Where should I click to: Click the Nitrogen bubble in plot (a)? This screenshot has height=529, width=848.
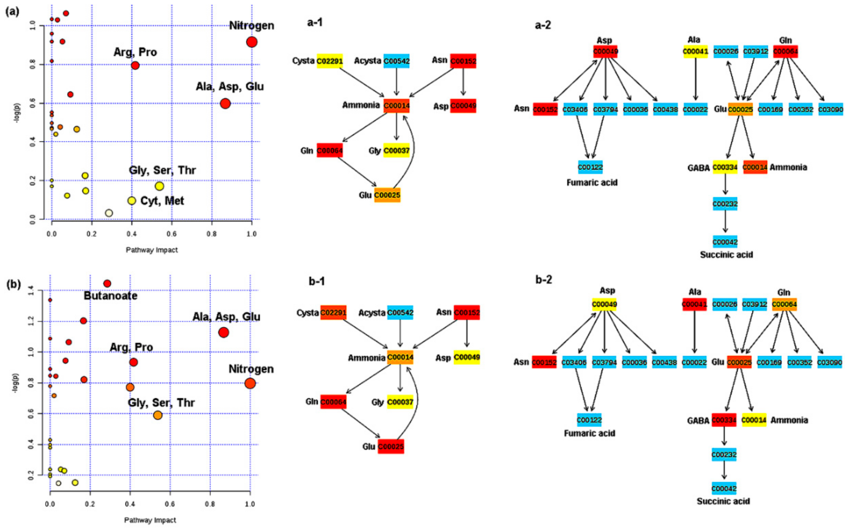pyautogui.click(x=252, y=42)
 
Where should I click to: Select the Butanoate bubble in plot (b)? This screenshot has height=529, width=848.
pyautogui.click(x=107, y=283)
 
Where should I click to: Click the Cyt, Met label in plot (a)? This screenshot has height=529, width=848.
pyautogui.click(x=162, y=201)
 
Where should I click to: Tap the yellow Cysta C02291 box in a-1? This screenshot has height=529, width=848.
pyautogui.click(x=330, y=61)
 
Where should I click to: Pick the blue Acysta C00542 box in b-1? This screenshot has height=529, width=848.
pyautogui.click(x=400, y=312)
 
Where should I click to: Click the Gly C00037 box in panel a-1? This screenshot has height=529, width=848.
pyautogui.click(x=396, y=150)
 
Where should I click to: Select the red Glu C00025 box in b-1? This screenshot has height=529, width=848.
pyautogui.click(x=391, y=446)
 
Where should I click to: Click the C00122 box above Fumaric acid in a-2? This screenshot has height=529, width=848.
pyautogui.click(x=590, y=167)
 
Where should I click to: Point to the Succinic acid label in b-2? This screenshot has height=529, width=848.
pyautogui.click(x=723, y=501)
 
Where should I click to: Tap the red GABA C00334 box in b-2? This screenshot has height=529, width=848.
pyautogui.click(x=724, y=420)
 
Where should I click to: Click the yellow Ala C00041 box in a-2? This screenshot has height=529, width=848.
pyautogui.click(x=695, y=51)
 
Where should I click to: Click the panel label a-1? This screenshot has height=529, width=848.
pyautogui.click(x=315, y=22)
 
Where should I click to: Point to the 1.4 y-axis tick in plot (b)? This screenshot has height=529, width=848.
pyautogui.click(x=31, y=290)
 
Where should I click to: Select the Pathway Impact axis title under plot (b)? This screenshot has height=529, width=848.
pyautogui.click(x=150, y=520)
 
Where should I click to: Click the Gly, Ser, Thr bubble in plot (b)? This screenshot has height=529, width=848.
pyautogui.click(x=158, y=415)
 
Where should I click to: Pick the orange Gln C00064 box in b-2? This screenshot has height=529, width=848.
pyautogui.click(x=784, y=304)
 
